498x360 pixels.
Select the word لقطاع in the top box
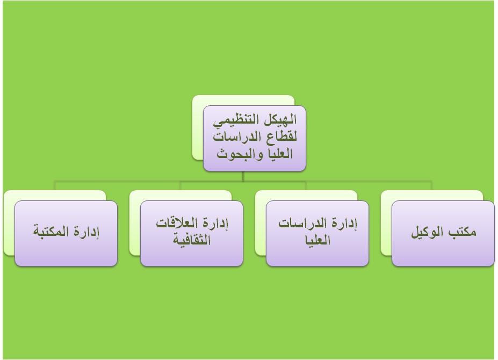(x=282, y=137)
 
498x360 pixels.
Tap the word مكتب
(x=462, y=232)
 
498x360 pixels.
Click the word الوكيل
(x=428, y=232)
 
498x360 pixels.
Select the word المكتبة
(x=51, y=231)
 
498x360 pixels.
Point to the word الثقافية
(x=192, y=240)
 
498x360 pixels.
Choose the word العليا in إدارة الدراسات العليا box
(x=317, y=240)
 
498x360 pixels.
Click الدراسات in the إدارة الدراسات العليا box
(x=303, y=223)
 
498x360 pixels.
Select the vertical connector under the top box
(x=243, y=176)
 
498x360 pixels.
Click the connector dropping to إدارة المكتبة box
(x=55, y=185)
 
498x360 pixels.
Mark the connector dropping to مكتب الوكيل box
(x=431, y=185)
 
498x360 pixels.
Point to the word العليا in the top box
(x=280, y=154)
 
